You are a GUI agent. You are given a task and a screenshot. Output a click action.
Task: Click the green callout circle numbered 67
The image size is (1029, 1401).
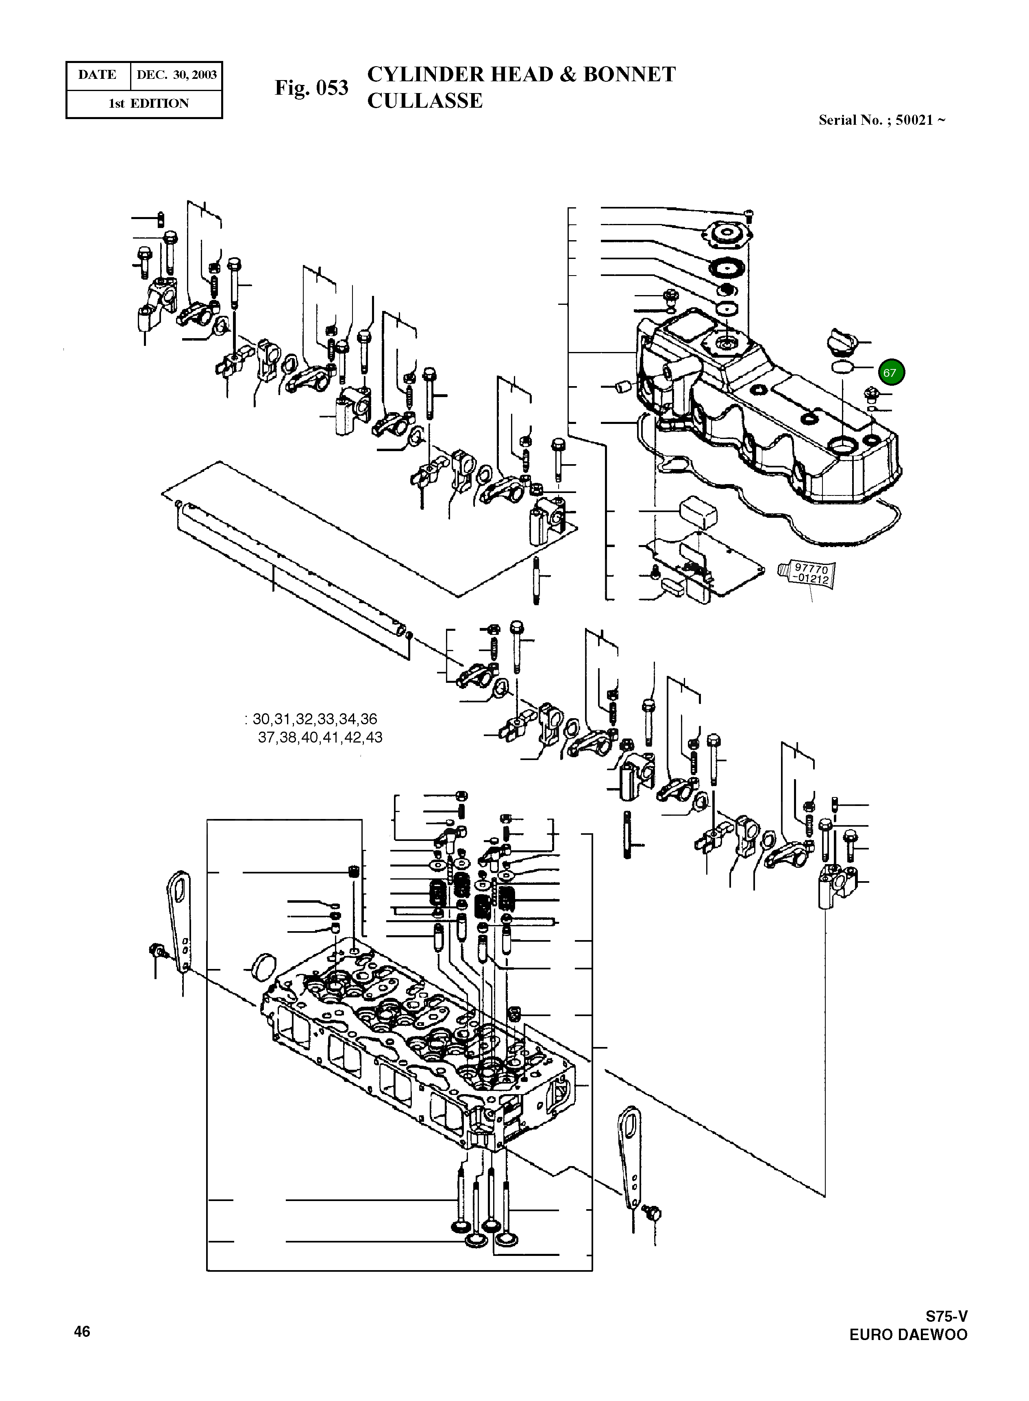(x=891, y=373)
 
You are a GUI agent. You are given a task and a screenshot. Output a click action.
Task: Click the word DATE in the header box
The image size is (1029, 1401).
(x=97, y=75)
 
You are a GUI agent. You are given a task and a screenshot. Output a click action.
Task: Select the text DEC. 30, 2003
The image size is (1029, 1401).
(x=176, y=75)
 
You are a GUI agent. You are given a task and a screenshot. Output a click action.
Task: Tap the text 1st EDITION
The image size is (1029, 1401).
(x=148, y=103)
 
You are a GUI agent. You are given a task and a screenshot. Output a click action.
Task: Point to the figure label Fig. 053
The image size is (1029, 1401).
(x=311, y=88)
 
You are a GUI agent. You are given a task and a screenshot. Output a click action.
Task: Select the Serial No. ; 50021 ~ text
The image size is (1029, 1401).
(x=881, y=120)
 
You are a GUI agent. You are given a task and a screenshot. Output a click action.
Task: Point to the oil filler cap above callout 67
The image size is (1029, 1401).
(x=842, y=342)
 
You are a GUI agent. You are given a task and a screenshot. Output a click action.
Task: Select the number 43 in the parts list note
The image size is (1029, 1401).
(x=374, y=738)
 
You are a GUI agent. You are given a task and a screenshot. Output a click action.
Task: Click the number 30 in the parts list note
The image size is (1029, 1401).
(x=261, y=719)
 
